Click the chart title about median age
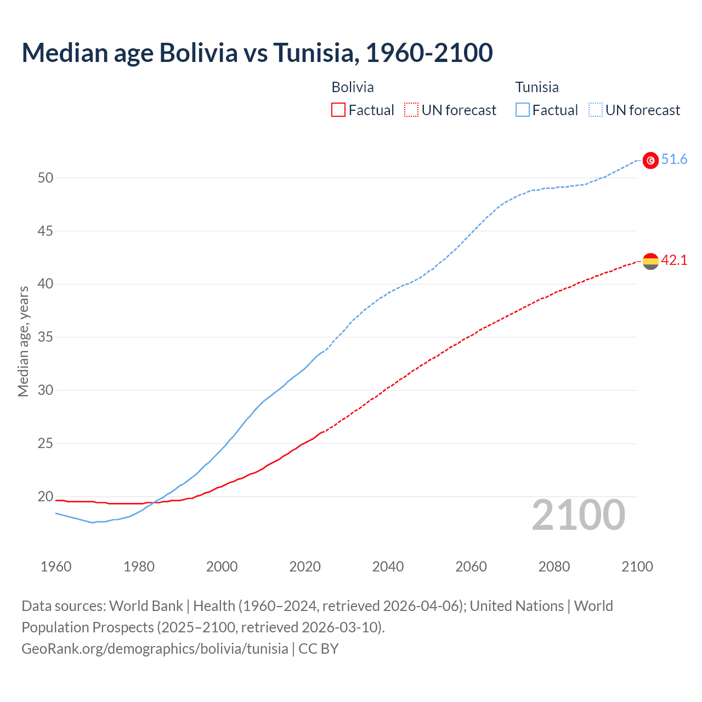257,53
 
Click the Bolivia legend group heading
353,87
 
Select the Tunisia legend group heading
537,87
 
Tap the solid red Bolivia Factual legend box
338,110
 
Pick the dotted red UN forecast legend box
411,110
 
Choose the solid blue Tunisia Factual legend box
523,110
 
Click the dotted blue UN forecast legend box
596,110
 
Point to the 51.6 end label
674,159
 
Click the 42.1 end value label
674,260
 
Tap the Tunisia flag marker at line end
650,160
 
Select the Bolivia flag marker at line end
650,261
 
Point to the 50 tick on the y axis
46,178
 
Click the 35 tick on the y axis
46,337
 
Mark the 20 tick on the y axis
46,496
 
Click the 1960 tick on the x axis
56,567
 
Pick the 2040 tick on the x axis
388,567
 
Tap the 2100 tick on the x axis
637,567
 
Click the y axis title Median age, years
23,341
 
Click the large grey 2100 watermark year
579,514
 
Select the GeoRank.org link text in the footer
155,648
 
